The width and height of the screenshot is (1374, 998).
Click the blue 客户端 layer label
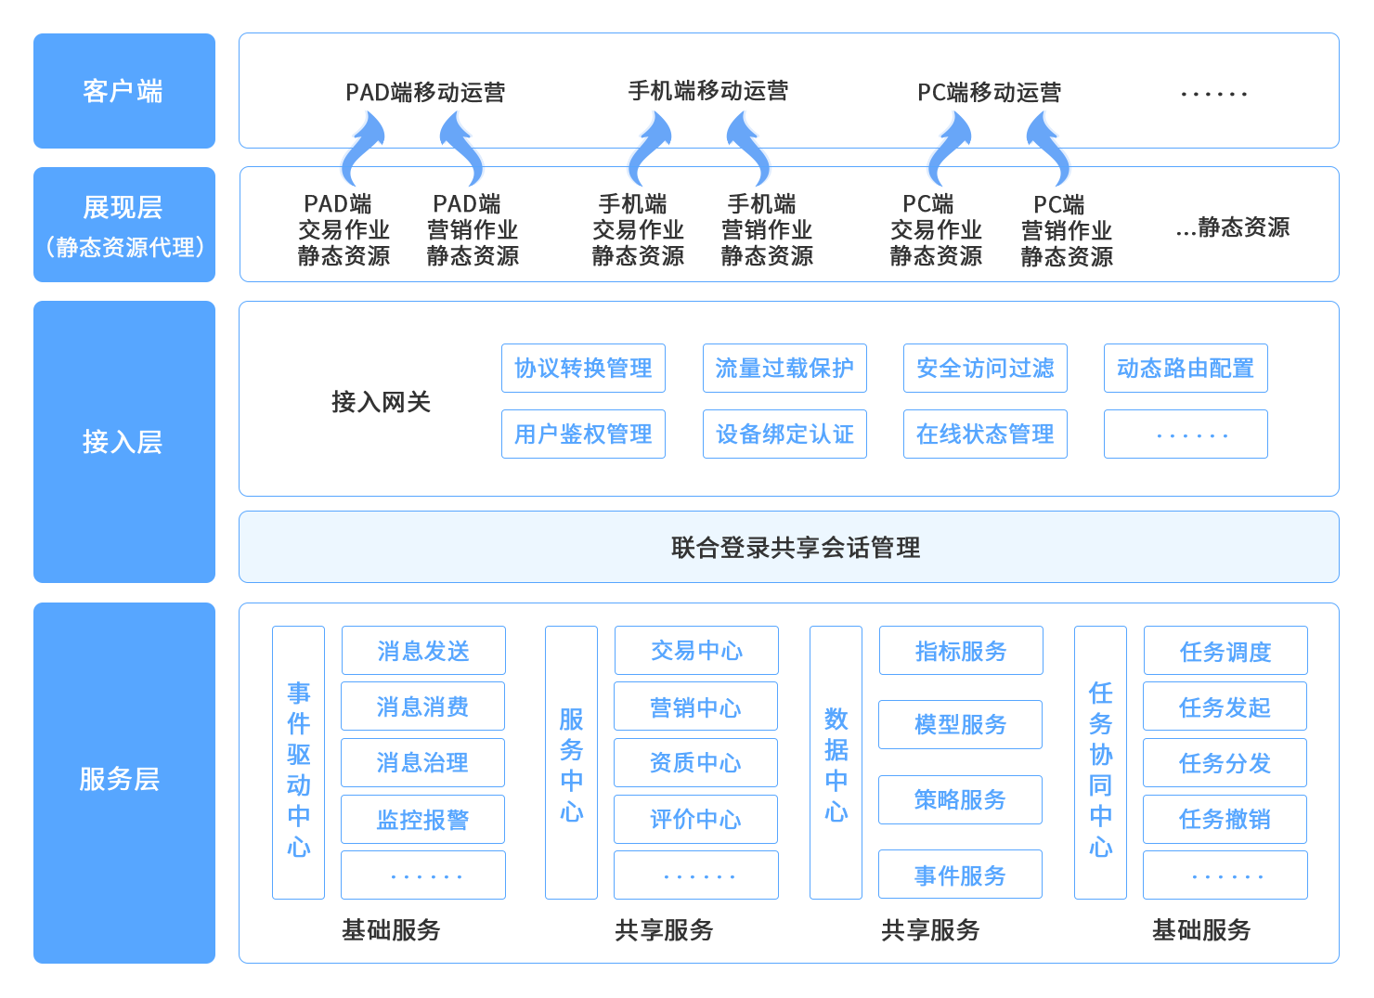click(123, 91)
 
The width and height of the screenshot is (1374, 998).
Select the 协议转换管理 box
click(583, 369)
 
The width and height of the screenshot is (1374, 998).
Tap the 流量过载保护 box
click(784, 369)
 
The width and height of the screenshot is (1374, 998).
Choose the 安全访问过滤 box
click(985, 369)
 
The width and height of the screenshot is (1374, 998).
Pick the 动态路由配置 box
click(1186, 369)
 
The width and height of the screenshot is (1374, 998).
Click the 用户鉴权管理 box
click(583, 434)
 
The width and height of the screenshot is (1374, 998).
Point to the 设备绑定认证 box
click(784, 434)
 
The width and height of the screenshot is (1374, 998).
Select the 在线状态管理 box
click(985, 434)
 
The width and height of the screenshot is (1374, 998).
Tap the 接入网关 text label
click(381, 402)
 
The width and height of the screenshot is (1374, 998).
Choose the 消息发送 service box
click(423, 651)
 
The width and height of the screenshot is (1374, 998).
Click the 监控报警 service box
click(422, 820)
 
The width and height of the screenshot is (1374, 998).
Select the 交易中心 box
click(696, 651)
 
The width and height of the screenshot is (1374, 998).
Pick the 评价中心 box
click(695, 820)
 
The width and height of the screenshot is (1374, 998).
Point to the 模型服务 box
click(960, 725)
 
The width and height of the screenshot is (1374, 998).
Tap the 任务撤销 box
click(1225, 820)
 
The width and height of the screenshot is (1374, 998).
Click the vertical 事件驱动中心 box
click(298, 762)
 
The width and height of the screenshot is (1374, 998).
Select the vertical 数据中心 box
click(836, 762)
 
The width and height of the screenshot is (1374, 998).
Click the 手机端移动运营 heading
click(707, 91)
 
